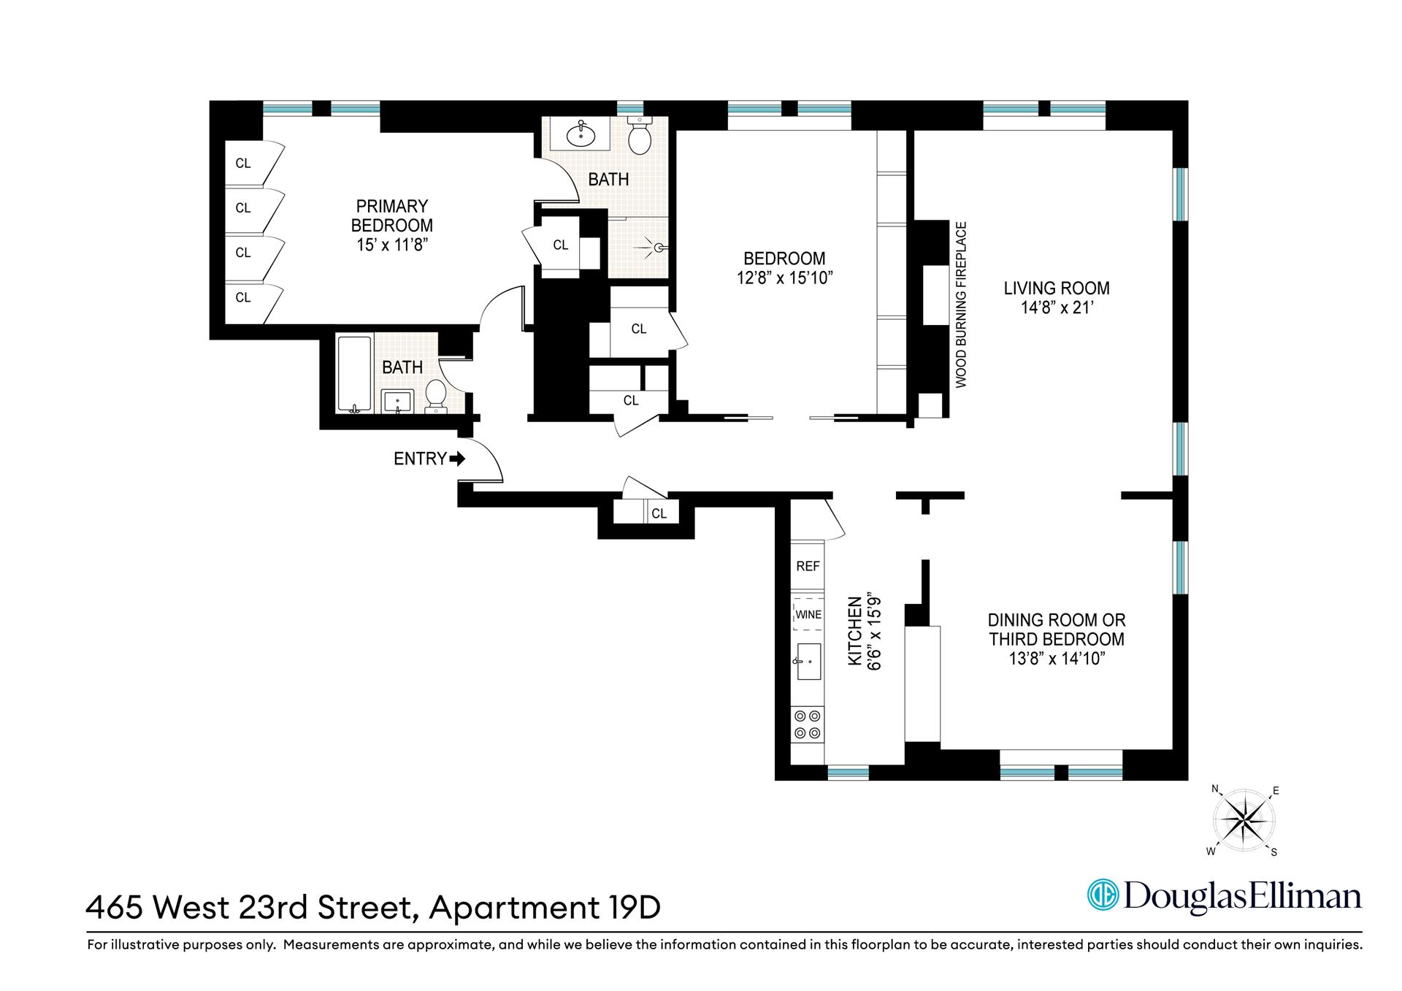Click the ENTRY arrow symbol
(458, 459)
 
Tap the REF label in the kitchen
(808, 566)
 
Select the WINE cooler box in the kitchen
(808, 614)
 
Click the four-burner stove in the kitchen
(808, 724)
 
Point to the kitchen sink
(808, 661)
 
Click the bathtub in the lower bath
(355, 373)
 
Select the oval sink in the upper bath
(581, 134)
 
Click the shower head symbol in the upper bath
(659, 248)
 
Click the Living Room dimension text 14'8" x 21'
(1056, 308)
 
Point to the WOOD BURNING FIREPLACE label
(961, 305)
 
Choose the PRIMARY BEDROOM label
(391, 215)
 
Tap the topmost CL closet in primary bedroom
(243, 163)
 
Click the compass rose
(1244, 820)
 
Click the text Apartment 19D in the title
(545, 908)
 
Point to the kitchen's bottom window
(848, 773)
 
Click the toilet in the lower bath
(436, 394)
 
